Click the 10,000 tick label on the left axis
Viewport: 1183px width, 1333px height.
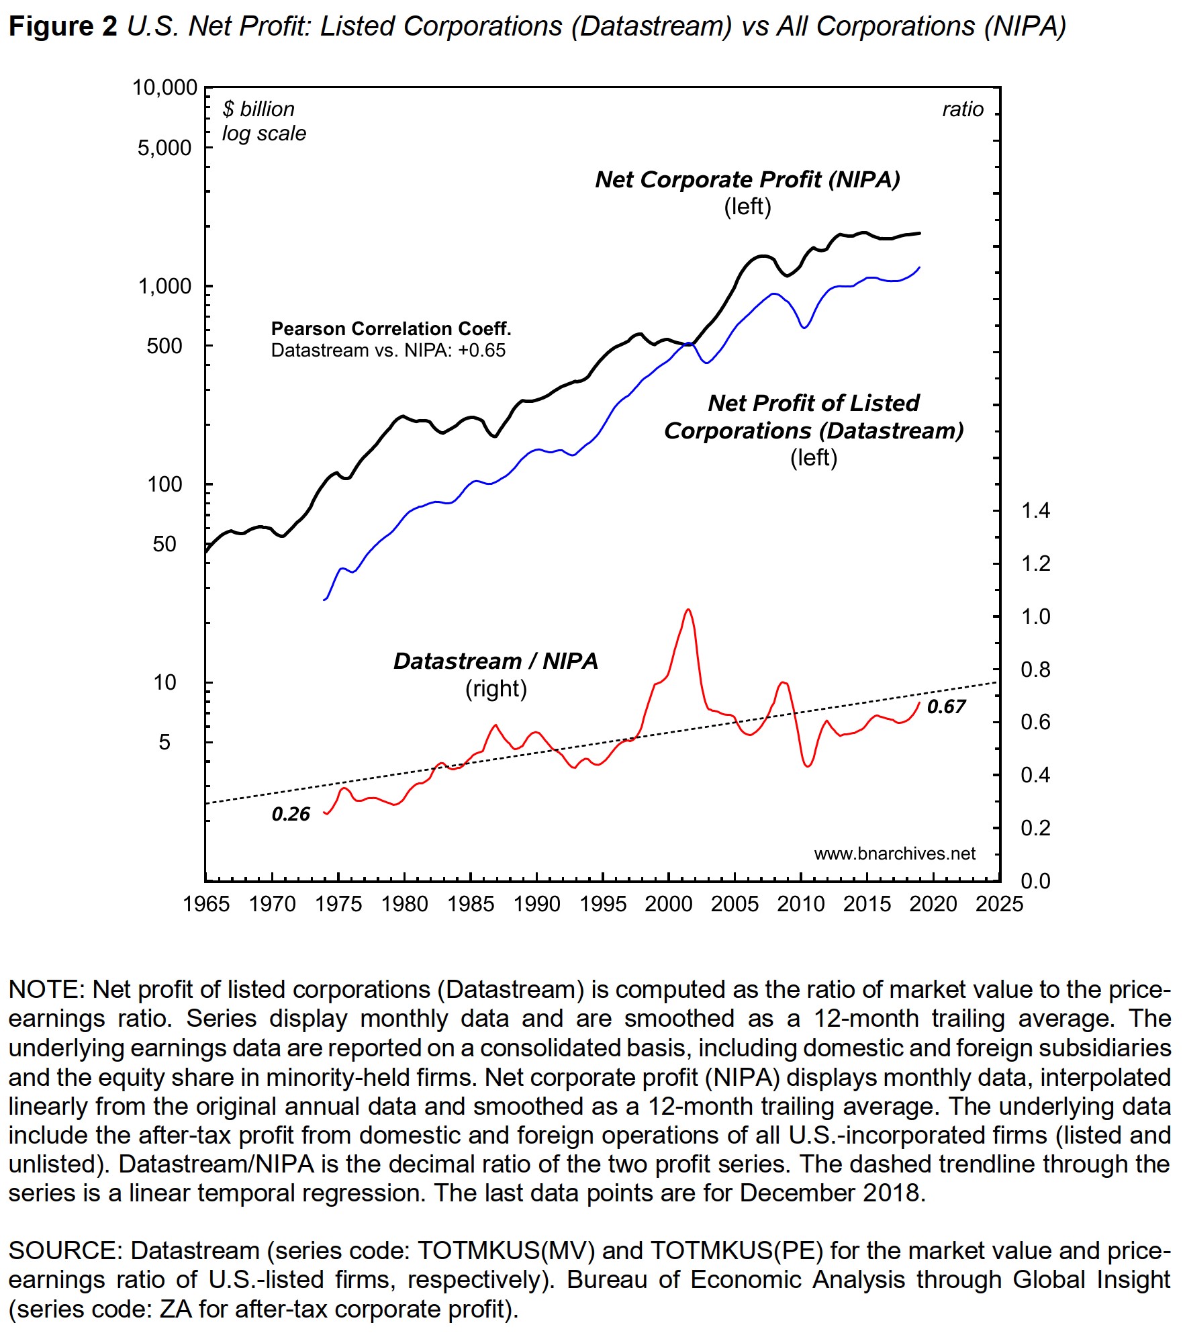(164, 88)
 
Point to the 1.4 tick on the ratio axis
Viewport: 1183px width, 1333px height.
(1035, 510)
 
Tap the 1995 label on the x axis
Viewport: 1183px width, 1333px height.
(602, 904)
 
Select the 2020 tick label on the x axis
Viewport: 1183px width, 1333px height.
(933, 904)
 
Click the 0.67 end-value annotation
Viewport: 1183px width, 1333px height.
(946, 706)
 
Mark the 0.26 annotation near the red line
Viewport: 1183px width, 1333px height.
(291, 814)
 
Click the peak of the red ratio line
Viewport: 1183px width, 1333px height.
(688, 610)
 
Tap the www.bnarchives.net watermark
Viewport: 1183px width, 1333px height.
(894, 854)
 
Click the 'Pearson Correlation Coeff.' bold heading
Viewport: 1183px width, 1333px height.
(391, 328)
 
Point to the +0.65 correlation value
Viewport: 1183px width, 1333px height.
(481, 351)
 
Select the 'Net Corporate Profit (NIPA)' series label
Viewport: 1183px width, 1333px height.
(747, 179)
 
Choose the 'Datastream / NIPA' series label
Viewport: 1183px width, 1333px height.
(495, 661)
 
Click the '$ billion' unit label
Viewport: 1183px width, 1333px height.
(258, 109)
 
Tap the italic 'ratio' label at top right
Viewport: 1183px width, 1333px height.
(962, 109)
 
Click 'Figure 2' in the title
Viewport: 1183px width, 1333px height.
(62, 27)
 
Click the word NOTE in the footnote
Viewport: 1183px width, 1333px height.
(46, 990)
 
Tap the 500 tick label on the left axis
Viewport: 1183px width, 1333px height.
(164, 346)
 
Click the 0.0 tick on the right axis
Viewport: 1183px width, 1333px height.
(1035, 880)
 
